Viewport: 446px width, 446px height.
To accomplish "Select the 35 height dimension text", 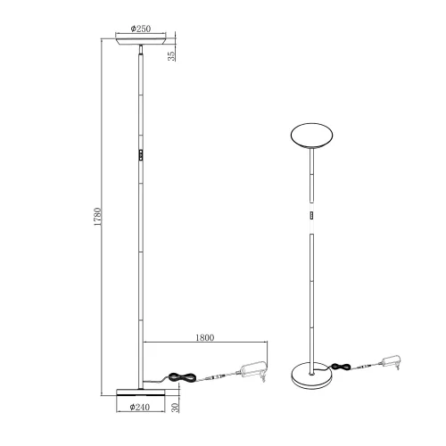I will tap(171, 55).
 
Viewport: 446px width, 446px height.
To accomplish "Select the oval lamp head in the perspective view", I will tap(311, 136).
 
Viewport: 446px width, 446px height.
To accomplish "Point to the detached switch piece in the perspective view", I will tap(311, 216).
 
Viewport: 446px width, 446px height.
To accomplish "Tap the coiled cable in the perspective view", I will tap(341, 365).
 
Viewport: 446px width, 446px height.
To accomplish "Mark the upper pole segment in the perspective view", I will tap(311, 178).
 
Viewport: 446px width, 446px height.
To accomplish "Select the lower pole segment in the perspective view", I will tap(311, 294).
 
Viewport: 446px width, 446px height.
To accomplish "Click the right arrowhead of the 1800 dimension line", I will tap(268, 345).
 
